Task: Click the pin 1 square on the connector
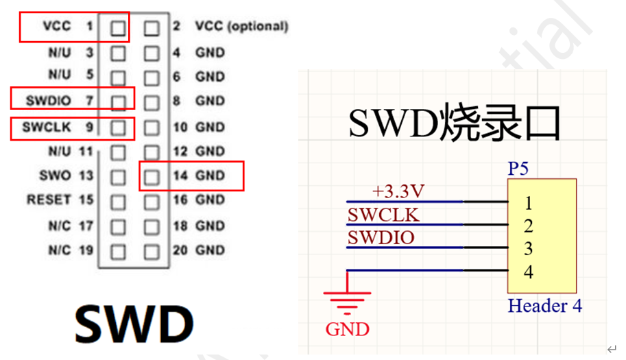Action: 118,28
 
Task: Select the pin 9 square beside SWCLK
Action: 118,128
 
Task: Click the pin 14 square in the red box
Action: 152,176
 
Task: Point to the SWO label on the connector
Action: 55,176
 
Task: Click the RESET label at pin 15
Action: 49,200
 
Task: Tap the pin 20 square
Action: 152,251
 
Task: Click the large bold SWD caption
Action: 134,322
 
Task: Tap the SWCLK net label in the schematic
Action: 383,215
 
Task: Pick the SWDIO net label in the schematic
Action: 381,238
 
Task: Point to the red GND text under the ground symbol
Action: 347,329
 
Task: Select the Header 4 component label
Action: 545,306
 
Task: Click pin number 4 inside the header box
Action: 528,272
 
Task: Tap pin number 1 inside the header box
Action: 528,203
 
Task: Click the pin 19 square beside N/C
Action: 118,251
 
